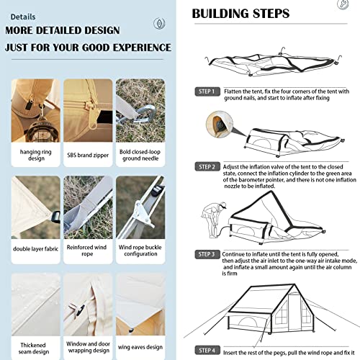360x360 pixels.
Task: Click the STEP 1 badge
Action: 207,91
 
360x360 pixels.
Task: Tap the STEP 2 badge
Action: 207,167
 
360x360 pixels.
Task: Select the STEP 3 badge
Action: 207,254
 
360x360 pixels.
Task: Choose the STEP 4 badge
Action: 207,351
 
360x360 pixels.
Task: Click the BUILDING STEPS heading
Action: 240,14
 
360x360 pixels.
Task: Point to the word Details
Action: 23,17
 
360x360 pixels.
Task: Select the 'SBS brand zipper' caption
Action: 88,156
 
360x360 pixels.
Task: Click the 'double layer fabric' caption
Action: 36,249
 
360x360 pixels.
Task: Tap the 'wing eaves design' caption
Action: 140,347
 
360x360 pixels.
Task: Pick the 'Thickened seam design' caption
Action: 34,348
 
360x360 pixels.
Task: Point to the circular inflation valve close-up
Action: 220,125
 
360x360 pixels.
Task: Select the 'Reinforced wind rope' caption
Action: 86,251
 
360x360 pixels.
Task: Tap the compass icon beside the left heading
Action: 159,23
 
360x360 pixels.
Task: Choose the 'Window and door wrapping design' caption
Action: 89,347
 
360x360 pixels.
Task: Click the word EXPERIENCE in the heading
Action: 143,48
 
